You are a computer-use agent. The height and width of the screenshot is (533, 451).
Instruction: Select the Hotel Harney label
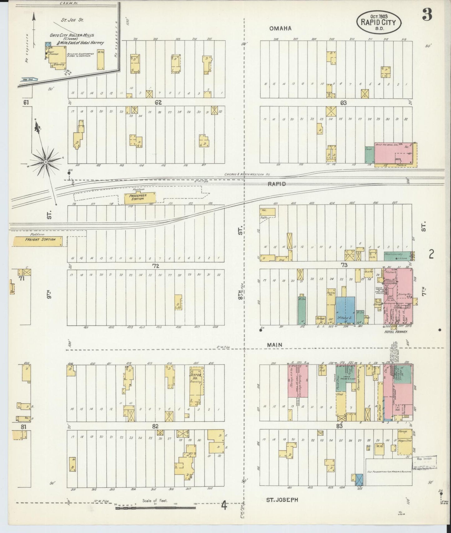click(x=397, y=332)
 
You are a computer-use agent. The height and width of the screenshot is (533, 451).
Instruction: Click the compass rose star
click(x=46, y=161)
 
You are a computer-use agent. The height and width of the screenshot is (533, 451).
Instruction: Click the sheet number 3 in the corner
click(x=427, y=15)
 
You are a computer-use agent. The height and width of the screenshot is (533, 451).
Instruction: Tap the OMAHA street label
click(x=280, y=28)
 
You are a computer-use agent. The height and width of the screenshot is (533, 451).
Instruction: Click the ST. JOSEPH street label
click(x=282, y=500)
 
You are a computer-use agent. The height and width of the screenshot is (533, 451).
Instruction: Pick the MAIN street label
click(x=275, y=345)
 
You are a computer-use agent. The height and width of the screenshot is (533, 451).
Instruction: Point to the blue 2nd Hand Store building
click(x=345, y=310)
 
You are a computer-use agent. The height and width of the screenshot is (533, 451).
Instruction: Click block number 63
click(x=343, y=102)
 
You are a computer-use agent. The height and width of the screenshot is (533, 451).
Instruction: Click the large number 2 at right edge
click(x=431, y=255)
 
